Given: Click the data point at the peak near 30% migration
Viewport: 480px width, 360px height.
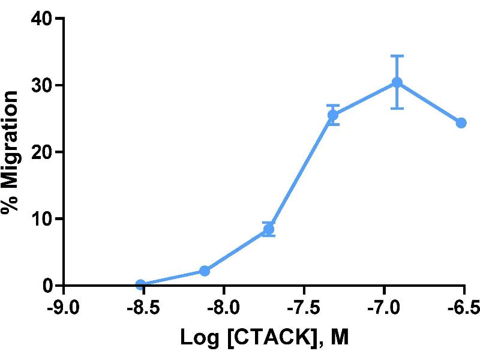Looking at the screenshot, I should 397,82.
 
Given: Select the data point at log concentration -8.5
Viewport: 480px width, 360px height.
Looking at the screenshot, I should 140,284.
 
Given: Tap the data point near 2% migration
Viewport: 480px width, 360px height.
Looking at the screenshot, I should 205,271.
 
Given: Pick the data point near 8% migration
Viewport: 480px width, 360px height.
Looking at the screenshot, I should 269,229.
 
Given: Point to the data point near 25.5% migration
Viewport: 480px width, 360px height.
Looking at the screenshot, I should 333,115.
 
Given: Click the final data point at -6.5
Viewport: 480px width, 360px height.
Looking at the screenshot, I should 461,122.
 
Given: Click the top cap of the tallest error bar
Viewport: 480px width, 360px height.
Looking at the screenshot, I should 397,56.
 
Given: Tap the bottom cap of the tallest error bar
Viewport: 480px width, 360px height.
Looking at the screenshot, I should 397,109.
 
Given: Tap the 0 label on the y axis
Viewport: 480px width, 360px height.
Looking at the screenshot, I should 48,286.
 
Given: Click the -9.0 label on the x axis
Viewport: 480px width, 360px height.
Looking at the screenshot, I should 63,308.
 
